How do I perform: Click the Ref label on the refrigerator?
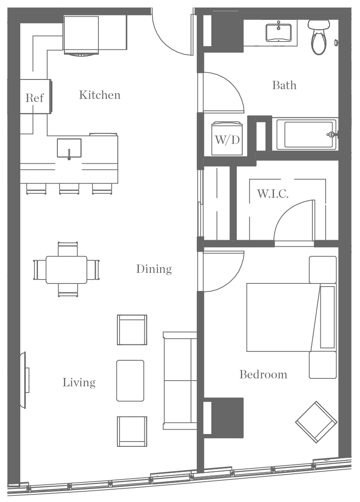pos(34,98)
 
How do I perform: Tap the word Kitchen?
pos(100,95)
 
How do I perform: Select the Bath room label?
pos(284,85)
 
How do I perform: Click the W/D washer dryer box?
pos(227,140)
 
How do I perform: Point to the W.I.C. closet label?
pos(273,194)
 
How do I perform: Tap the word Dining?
pos(154,269)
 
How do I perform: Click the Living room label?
pos(79,382)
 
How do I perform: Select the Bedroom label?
pos(263,375)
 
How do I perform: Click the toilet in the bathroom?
pos(318,37)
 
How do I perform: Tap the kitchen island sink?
pos(69,148)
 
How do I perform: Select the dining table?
pos(66,269)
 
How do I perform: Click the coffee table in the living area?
pos(130,381)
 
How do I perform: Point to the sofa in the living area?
pos(180,381)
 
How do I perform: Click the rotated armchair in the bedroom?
pos(316,422)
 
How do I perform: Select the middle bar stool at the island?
pos(69,189)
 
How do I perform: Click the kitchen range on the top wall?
pos(81,35)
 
